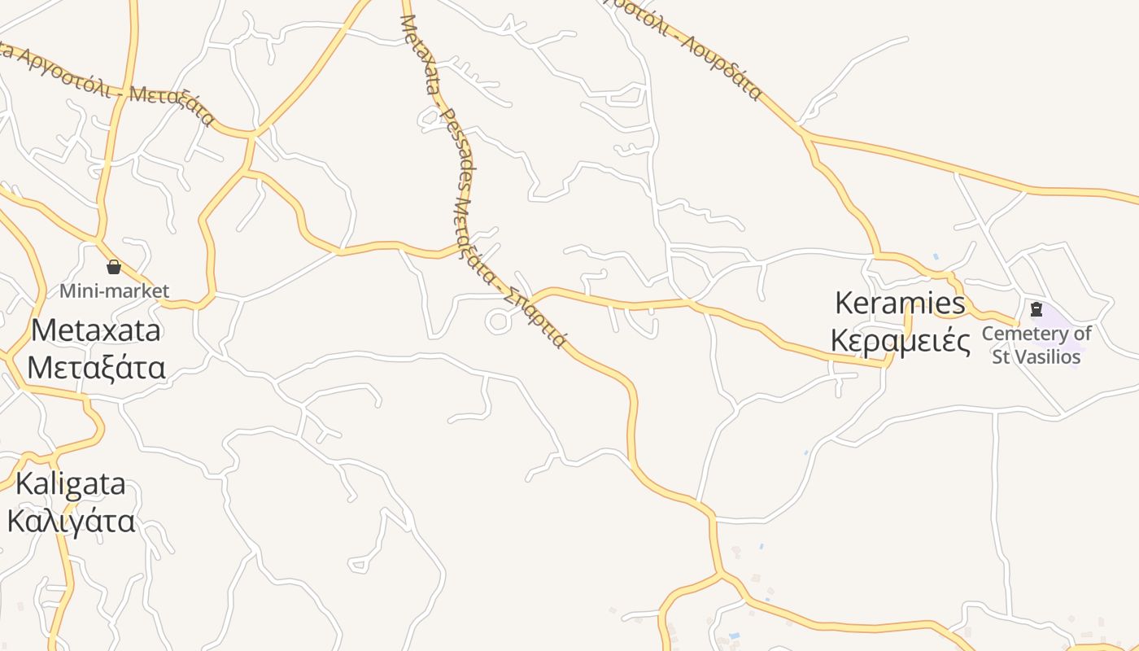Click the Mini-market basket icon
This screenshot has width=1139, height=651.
(114, 267)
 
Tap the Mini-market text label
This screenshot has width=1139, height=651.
(114, 291)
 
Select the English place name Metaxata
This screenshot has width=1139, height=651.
(96, 330)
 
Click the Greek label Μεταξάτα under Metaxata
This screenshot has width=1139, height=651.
(96, 367)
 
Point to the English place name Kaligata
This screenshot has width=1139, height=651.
(71, 483)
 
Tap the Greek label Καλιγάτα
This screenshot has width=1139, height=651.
(71, 521)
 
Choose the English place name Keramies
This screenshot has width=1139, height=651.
(901, 304)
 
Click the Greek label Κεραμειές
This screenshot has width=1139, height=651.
(901, 341)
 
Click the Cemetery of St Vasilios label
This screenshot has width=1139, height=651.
(1036, 345)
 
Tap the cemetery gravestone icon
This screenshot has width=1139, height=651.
(1036, 309)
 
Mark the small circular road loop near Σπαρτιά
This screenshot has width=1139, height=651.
(498, 321)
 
